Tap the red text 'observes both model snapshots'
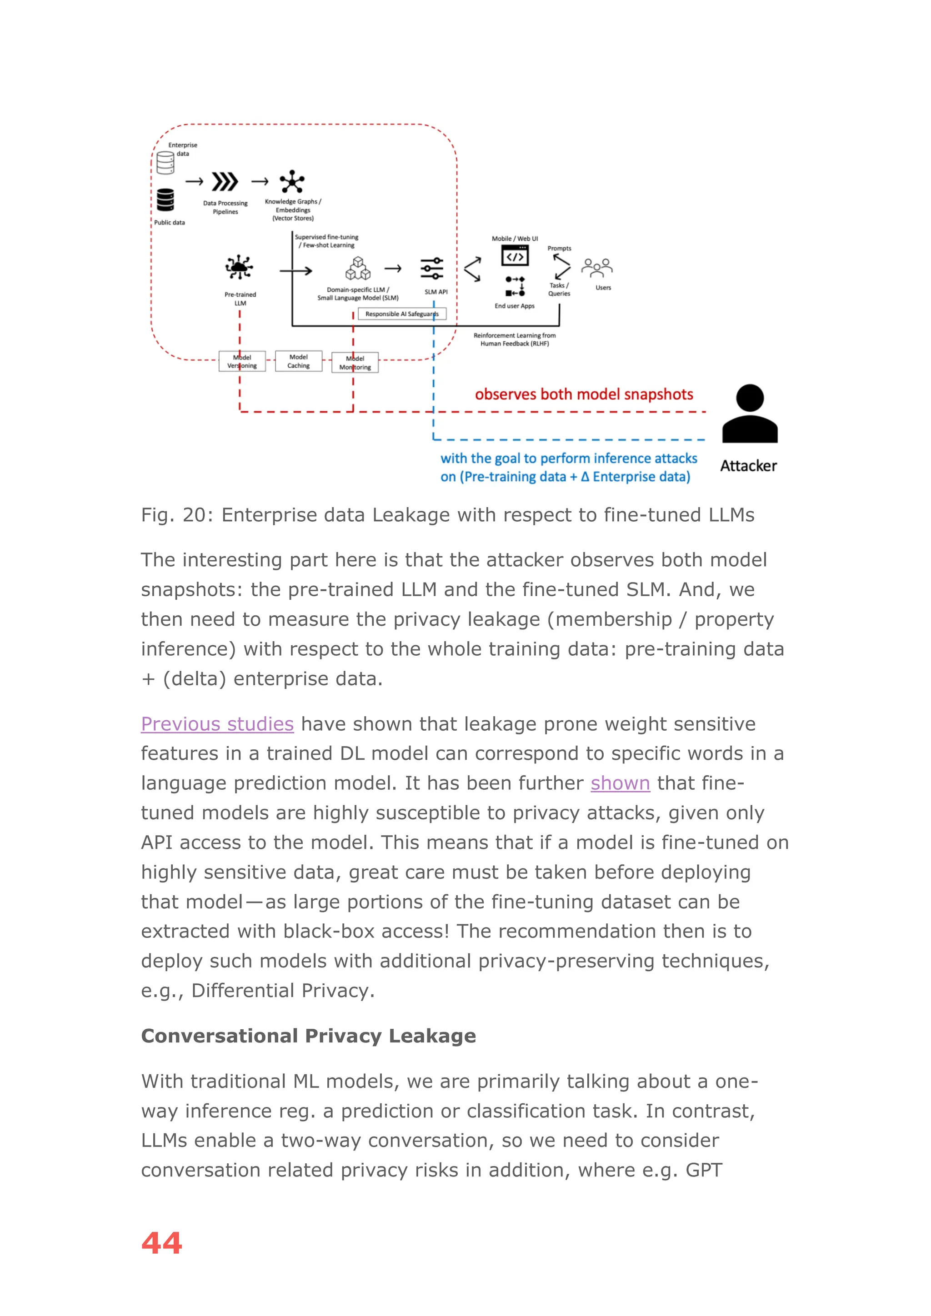(x=584, y=394)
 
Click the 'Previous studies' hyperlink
(x=217, y=724)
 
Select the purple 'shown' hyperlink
(x=620, y=783)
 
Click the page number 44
(x=162, y=1243)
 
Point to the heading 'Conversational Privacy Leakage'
(x=308, y=1036)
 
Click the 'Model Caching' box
(x=298, y=361)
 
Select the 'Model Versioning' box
(x=242, y=362)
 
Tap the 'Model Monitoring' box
(x=355, y=363)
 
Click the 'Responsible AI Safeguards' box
(x=402, y=314)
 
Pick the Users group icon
(x=597, y=267)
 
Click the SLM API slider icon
(x=432, y=268)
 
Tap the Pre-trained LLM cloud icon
(x=239, y=267)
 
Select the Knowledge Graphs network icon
(x=292, y=182)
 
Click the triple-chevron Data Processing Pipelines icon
(x=224, y=182)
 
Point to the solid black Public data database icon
(x=165, y=200)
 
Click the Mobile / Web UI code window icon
(x=515, y=256)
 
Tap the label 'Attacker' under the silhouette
(x=748, y=466)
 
